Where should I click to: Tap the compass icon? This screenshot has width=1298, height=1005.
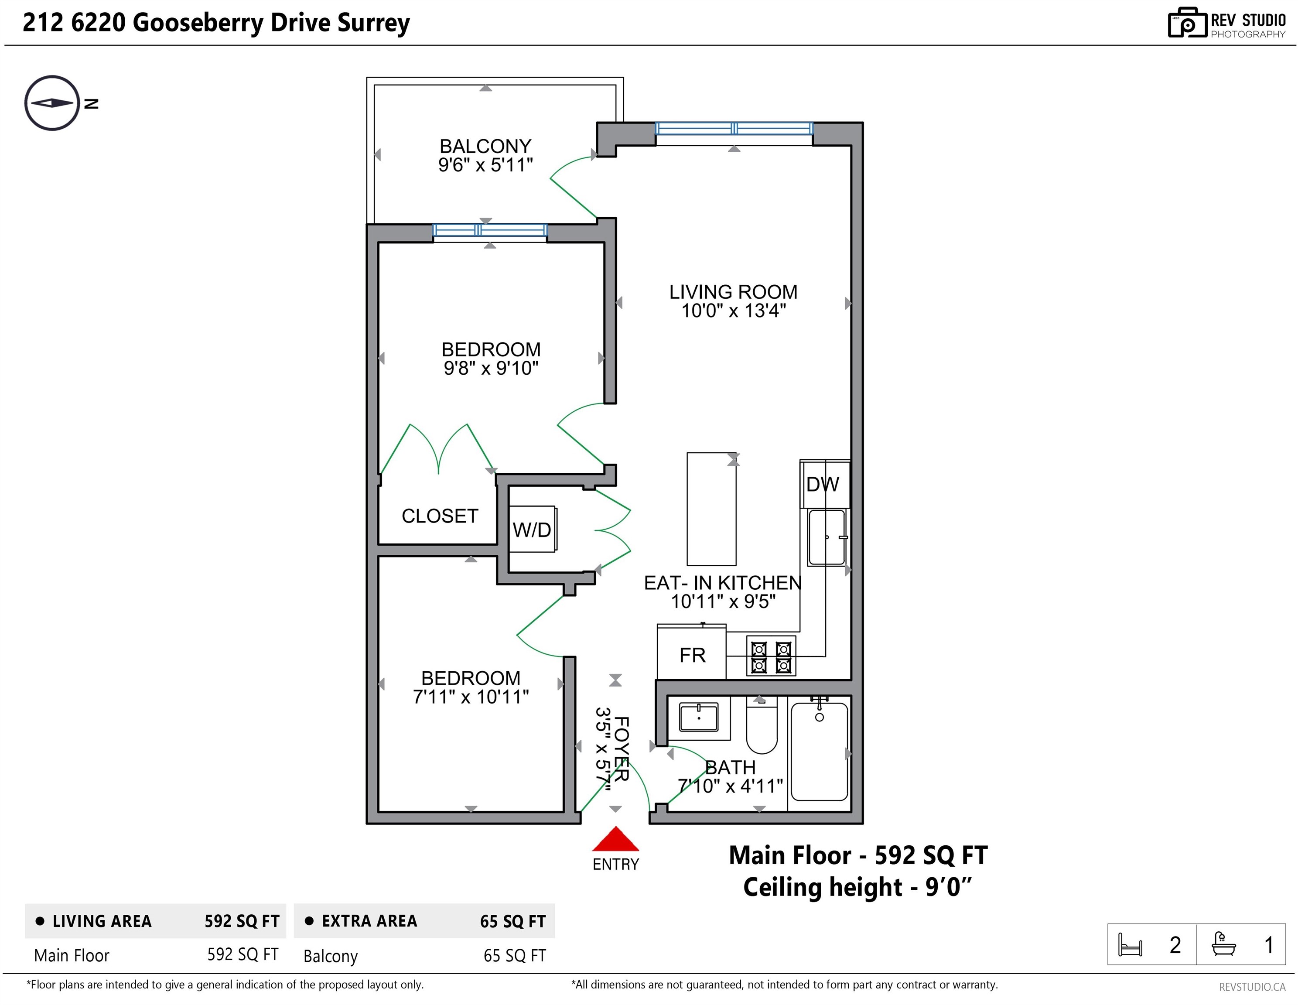52,103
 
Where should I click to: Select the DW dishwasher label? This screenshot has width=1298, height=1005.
823,484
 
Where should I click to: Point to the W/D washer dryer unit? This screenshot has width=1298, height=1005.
533,529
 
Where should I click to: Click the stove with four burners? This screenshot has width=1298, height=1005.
771,656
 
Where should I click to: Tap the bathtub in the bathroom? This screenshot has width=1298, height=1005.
820,751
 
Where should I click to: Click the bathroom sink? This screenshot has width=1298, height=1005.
698,718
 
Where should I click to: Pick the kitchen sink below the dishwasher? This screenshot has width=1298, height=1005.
827,538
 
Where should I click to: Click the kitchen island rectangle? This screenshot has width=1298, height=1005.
711,509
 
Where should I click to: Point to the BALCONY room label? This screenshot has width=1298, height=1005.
485,146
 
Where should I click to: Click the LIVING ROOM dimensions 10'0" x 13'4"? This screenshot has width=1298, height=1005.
733,311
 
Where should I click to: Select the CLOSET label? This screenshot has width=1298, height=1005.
440,516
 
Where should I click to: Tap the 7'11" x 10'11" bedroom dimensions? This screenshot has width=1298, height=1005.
471,697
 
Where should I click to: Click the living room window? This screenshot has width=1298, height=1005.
734,128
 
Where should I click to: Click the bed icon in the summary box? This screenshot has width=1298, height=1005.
1130,944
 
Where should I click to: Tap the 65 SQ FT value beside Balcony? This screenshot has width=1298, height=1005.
515,956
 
